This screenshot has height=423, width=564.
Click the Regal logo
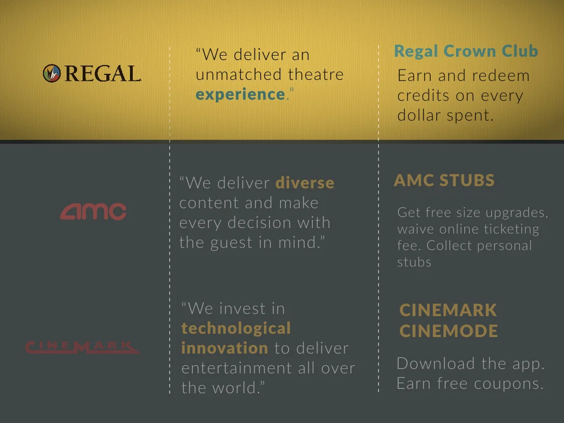point(92,73)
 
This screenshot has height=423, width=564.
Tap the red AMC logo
point(93,211)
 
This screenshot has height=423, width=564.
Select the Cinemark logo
point(82,347)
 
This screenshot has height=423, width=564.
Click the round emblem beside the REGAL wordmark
point(52,73)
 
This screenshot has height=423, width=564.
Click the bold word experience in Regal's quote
point(240,94)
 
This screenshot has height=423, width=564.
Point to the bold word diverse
point(305,183)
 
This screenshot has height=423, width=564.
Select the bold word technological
point(236,328)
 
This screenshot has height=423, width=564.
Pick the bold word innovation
point(225,348)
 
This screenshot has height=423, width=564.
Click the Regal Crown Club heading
point(466,51)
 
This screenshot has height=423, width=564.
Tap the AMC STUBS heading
point(444,180)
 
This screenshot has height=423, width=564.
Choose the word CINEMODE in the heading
point(448,331)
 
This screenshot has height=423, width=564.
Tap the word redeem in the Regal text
point(502,76)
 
